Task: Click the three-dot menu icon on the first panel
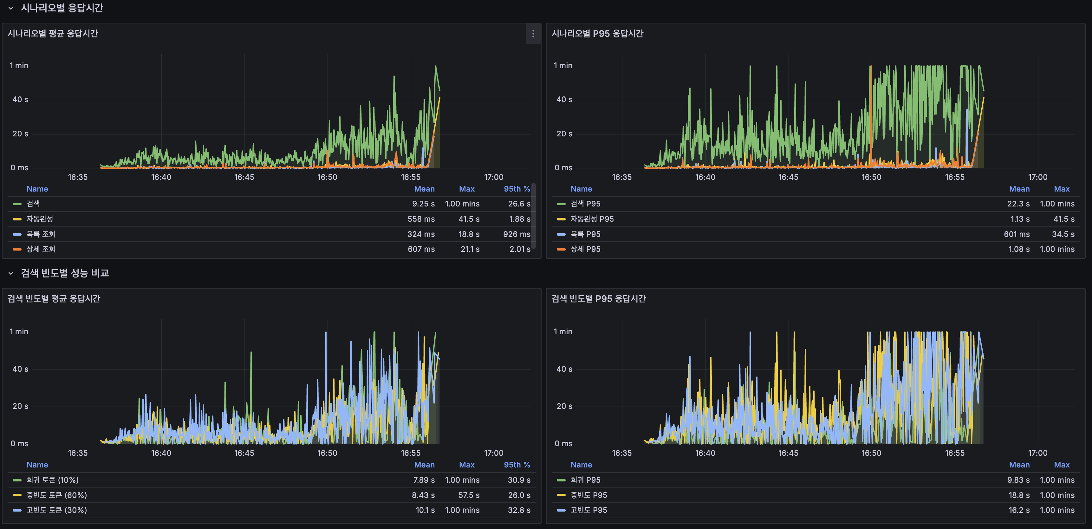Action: click(533, 34)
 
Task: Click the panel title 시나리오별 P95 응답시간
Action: click(597, 34)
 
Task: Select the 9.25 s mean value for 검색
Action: click(423, 204)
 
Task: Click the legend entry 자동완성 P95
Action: click(592, 219)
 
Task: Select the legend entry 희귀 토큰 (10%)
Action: click(52, 480)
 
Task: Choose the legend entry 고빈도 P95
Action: click(588, 510)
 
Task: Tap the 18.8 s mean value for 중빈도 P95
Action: click(1019, 495)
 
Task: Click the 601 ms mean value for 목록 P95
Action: click(1016, 234)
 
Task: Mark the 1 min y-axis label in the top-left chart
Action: click(19, 66)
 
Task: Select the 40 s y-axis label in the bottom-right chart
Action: click(564, 369)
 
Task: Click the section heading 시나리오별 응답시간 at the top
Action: click(62, 8)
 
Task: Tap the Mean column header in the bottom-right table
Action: click(1019, 465)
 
